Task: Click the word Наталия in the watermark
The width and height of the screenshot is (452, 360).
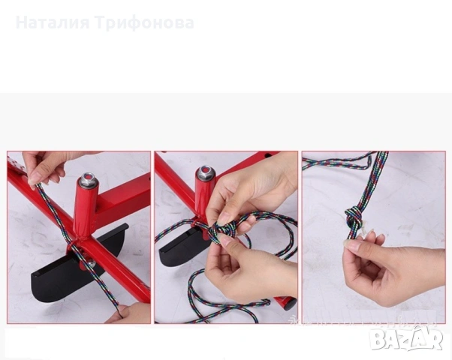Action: click(53, 23)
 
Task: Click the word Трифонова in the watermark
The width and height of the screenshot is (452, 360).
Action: click(145, 23)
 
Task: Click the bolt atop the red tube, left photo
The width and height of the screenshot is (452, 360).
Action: click(88, 180)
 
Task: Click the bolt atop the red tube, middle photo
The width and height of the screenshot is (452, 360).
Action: click(205, 173)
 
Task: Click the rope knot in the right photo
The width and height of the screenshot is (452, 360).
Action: click(354, 218)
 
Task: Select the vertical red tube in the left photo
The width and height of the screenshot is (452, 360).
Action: click(85, 211)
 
